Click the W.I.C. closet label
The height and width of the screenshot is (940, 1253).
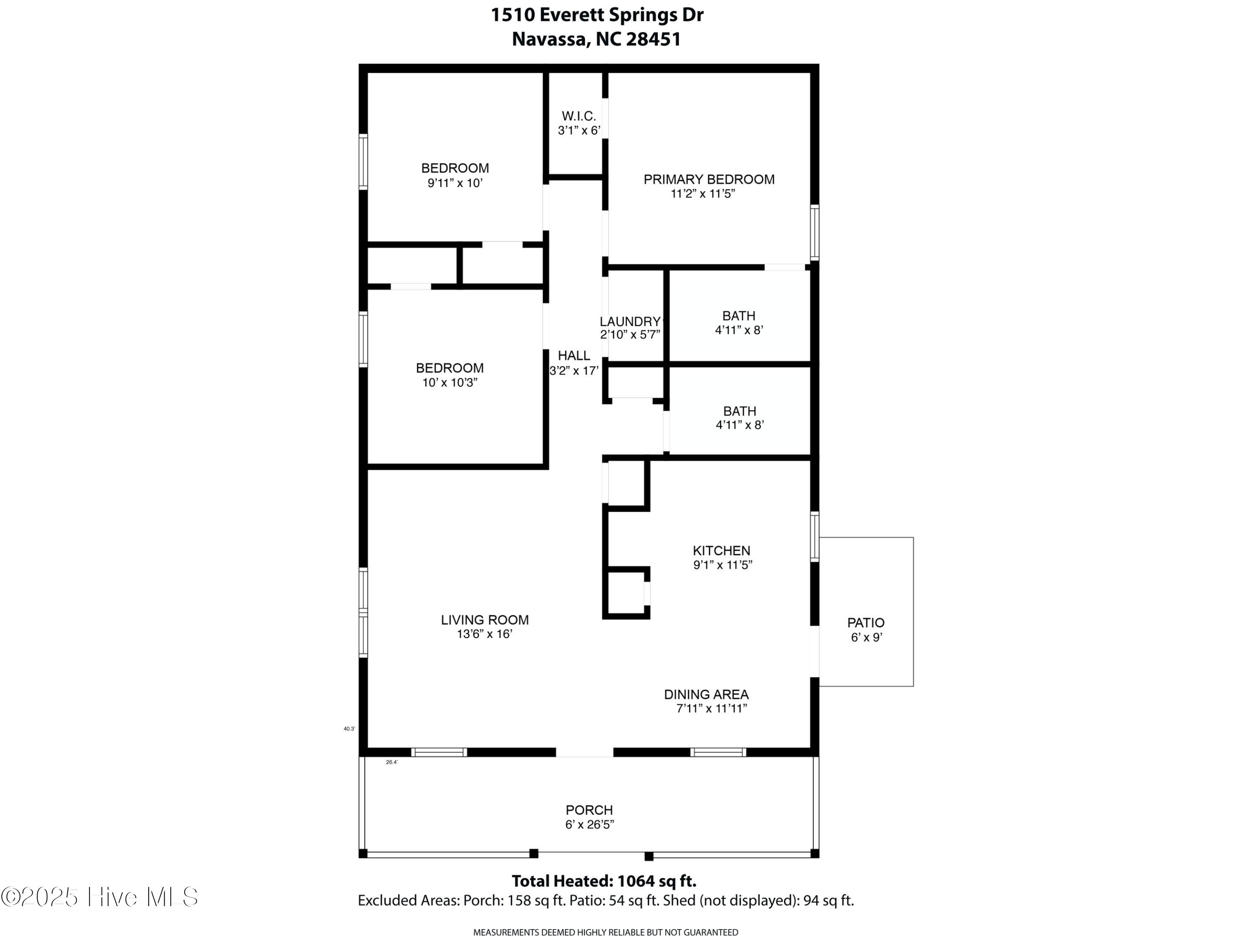(x=578, y=116)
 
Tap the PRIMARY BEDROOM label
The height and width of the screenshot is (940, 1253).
(x=709, y=180)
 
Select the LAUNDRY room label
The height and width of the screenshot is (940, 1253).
(x=630, y=322)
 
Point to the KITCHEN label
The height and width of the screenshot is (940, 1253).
(x=721, y=551)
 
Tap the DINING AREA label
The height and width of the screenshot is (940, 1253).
(x=706, y=695)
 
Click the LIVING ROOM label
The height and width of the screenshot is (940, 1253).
(x=485, y=620)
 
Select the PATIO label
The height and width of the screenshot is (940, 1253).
(x=865, y=623)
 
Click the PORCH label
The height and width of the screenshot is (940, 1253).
(x=589, y=810)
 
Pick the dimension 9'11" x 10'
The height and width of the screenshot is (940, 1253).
(x=455, y=183)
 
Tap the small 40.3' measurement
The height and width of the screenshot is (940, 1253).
(x=349, y=729)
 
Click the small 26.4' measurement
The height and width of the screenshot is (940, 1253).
(x=391, y=762)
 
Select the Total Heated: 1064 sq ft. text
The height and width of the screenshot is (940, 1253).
(x=604, y=881)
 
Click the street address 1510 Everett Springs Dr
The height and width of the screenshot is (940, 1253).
(x=597, y=15)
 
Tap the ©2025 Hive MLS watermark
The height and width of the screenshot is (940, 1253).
(x=100, y=897)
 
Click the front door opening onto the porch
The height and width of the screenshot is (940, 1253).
(x=584, y=752)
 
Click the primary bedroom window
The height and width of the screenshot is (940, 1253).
(x=814, y=232)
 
